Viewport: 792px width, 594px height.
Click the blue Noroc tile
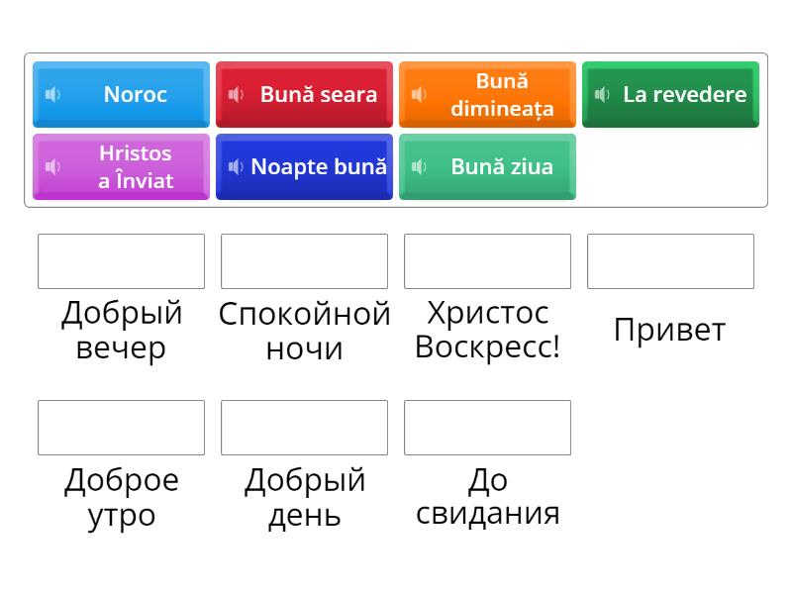pyautogui.click(x=121, y=94)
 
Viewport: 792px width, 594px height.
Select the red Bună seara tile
pyautogui.click(x=304, y=94)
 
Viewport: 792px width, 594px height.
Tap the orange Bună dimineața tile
pyautogui.click(x=487, y=94)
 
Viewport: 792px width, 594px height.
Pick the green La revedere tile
pyautogui.click(x=670, y=94)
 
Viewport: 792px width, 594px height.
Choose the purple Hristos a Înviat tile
pyautogui.click(x=121, y=166)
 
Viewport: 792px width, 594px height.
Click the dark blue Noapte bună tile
pyautogui.click(x=304, y=166)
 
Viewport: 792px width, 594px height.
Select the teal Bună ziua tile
pyautogui.click(x=487, y=166)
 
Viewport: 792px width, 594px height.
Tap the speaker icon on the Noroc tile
pyautogui.click(x=52, y=94)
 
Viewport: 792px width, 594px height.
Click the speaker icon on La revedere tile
pyautogui.click(x=602, y=94)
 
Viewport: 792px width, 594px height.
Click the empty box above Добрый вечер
pyautogui.click(x=121, y=261)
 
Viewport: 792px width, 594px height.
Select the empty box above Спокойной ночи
pyautogui.click(x=304, y=261)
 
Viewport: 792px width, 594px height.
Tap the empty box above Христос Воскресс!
pyautogui.click(x=487, y=261)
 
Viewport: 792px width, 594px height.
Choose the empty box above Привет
pyautogui.click(x=670, y=261)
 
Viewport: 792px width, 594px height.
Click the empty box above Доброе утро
pyautogui.click(x=121, y=428)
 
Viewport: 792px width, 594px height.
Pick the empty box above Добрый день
pyautogui.click(x=304, y=428)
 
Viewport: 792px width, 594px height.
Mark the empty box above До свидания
pyautogui.click(x=487, y=428)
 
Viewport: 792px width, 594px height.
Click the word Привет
pyautogui.click(x=670, y=331)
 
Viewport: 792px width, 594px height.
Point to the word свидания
pyautogui.click(x=487, y=514)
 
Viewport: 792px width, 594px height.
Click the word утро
pyautogui.click(x=121, y=516)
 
